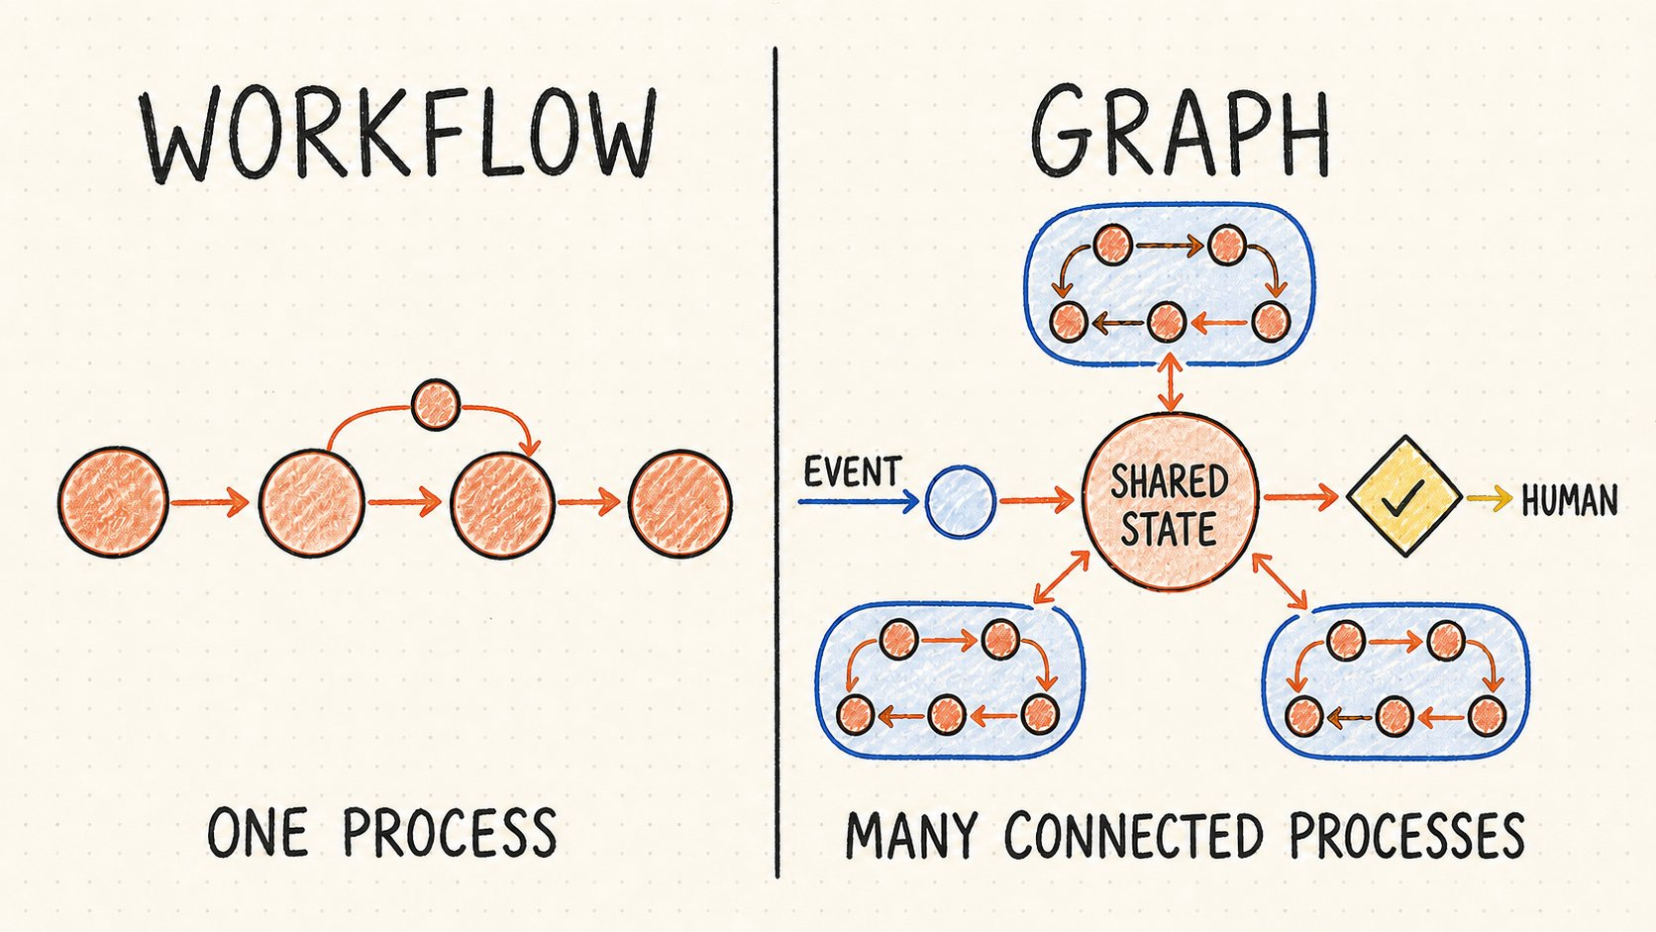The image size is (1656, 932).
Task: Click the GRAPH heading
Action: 1181,132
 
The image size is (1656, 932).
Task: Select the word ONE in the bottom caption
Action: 258,832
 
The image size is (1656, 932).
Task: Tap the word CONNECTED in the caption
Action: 1133,835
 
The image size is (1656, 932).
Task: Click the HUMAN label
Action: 1570,501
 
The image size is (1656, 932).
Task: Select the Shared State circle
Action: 1171,502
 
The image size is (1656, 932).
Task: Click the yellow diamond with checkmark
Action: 1403,496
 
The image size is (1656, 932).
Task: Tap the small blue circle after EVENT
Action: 961,501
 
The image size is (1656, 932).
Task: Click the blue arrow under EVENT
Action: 859,502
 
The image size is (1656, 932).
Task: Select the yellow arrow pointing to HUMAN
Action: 1489,499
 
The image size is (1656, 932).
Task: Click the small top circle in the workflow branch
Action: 436,404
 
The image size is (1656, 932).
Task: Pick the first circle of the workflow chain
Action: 113,502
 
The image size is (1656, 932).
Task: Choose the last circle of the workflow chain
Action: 680,503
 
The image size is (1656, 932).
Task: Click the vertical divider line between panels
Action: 776,462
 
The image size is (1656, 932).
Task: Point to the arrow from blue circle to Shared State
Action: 1036,501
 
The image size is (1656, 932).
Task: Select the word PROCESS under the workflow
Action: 450,832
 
